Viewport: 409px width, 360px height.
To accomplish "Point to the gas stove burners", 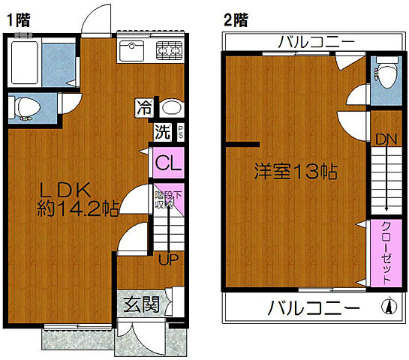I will (x=169, y=51).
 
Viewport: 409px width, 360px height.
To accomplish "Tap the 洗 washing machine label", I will (x=162, y=132).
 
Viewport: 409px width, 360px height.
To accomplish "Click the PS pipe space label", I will (x=181, y=132).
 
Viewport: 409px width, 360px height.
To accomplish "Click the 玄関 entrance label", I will (x=141, y=304).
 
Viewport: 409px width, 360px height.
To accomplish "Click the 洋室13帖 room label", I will (x=294, y=170).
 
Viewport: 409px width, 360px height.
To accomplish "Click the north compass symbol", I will (x=389, y=307).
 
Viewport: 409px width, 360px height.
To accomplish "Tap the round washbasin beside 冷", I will (x=171, y=107).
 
